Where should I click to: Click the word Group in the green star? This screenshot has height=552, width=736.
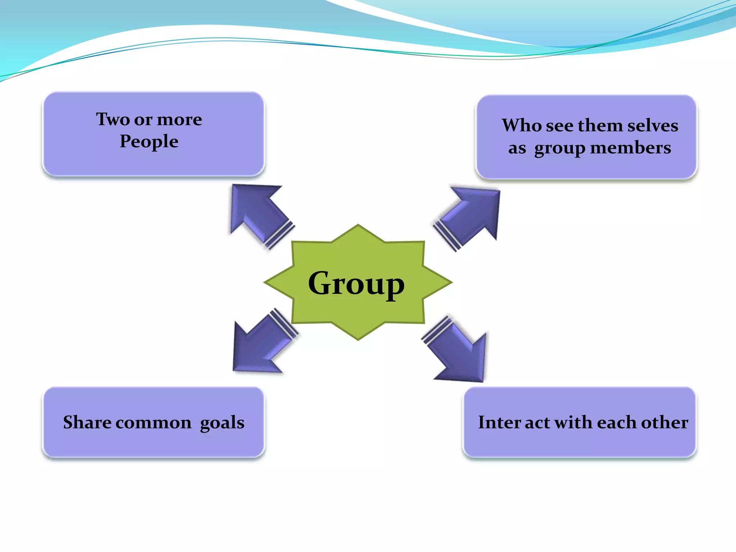click(356, 284)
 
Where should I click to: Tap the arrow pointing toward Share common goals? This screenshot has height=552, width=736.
click(262, 343)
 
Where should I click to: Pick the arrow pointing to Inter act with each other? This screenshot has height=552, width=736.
click(458, 352)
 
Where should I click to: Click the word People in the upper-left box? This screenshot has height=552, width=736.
click(149, 141)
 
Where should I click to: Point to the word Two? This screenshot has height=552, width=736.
click(112, 119)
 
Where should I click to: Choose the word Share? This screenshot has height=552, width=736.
click(87, 422)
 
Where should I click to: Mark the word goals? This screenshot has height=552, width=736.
click(222, 423)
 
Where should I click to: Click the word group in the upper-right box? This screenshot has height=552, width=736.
click(560, 148)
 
